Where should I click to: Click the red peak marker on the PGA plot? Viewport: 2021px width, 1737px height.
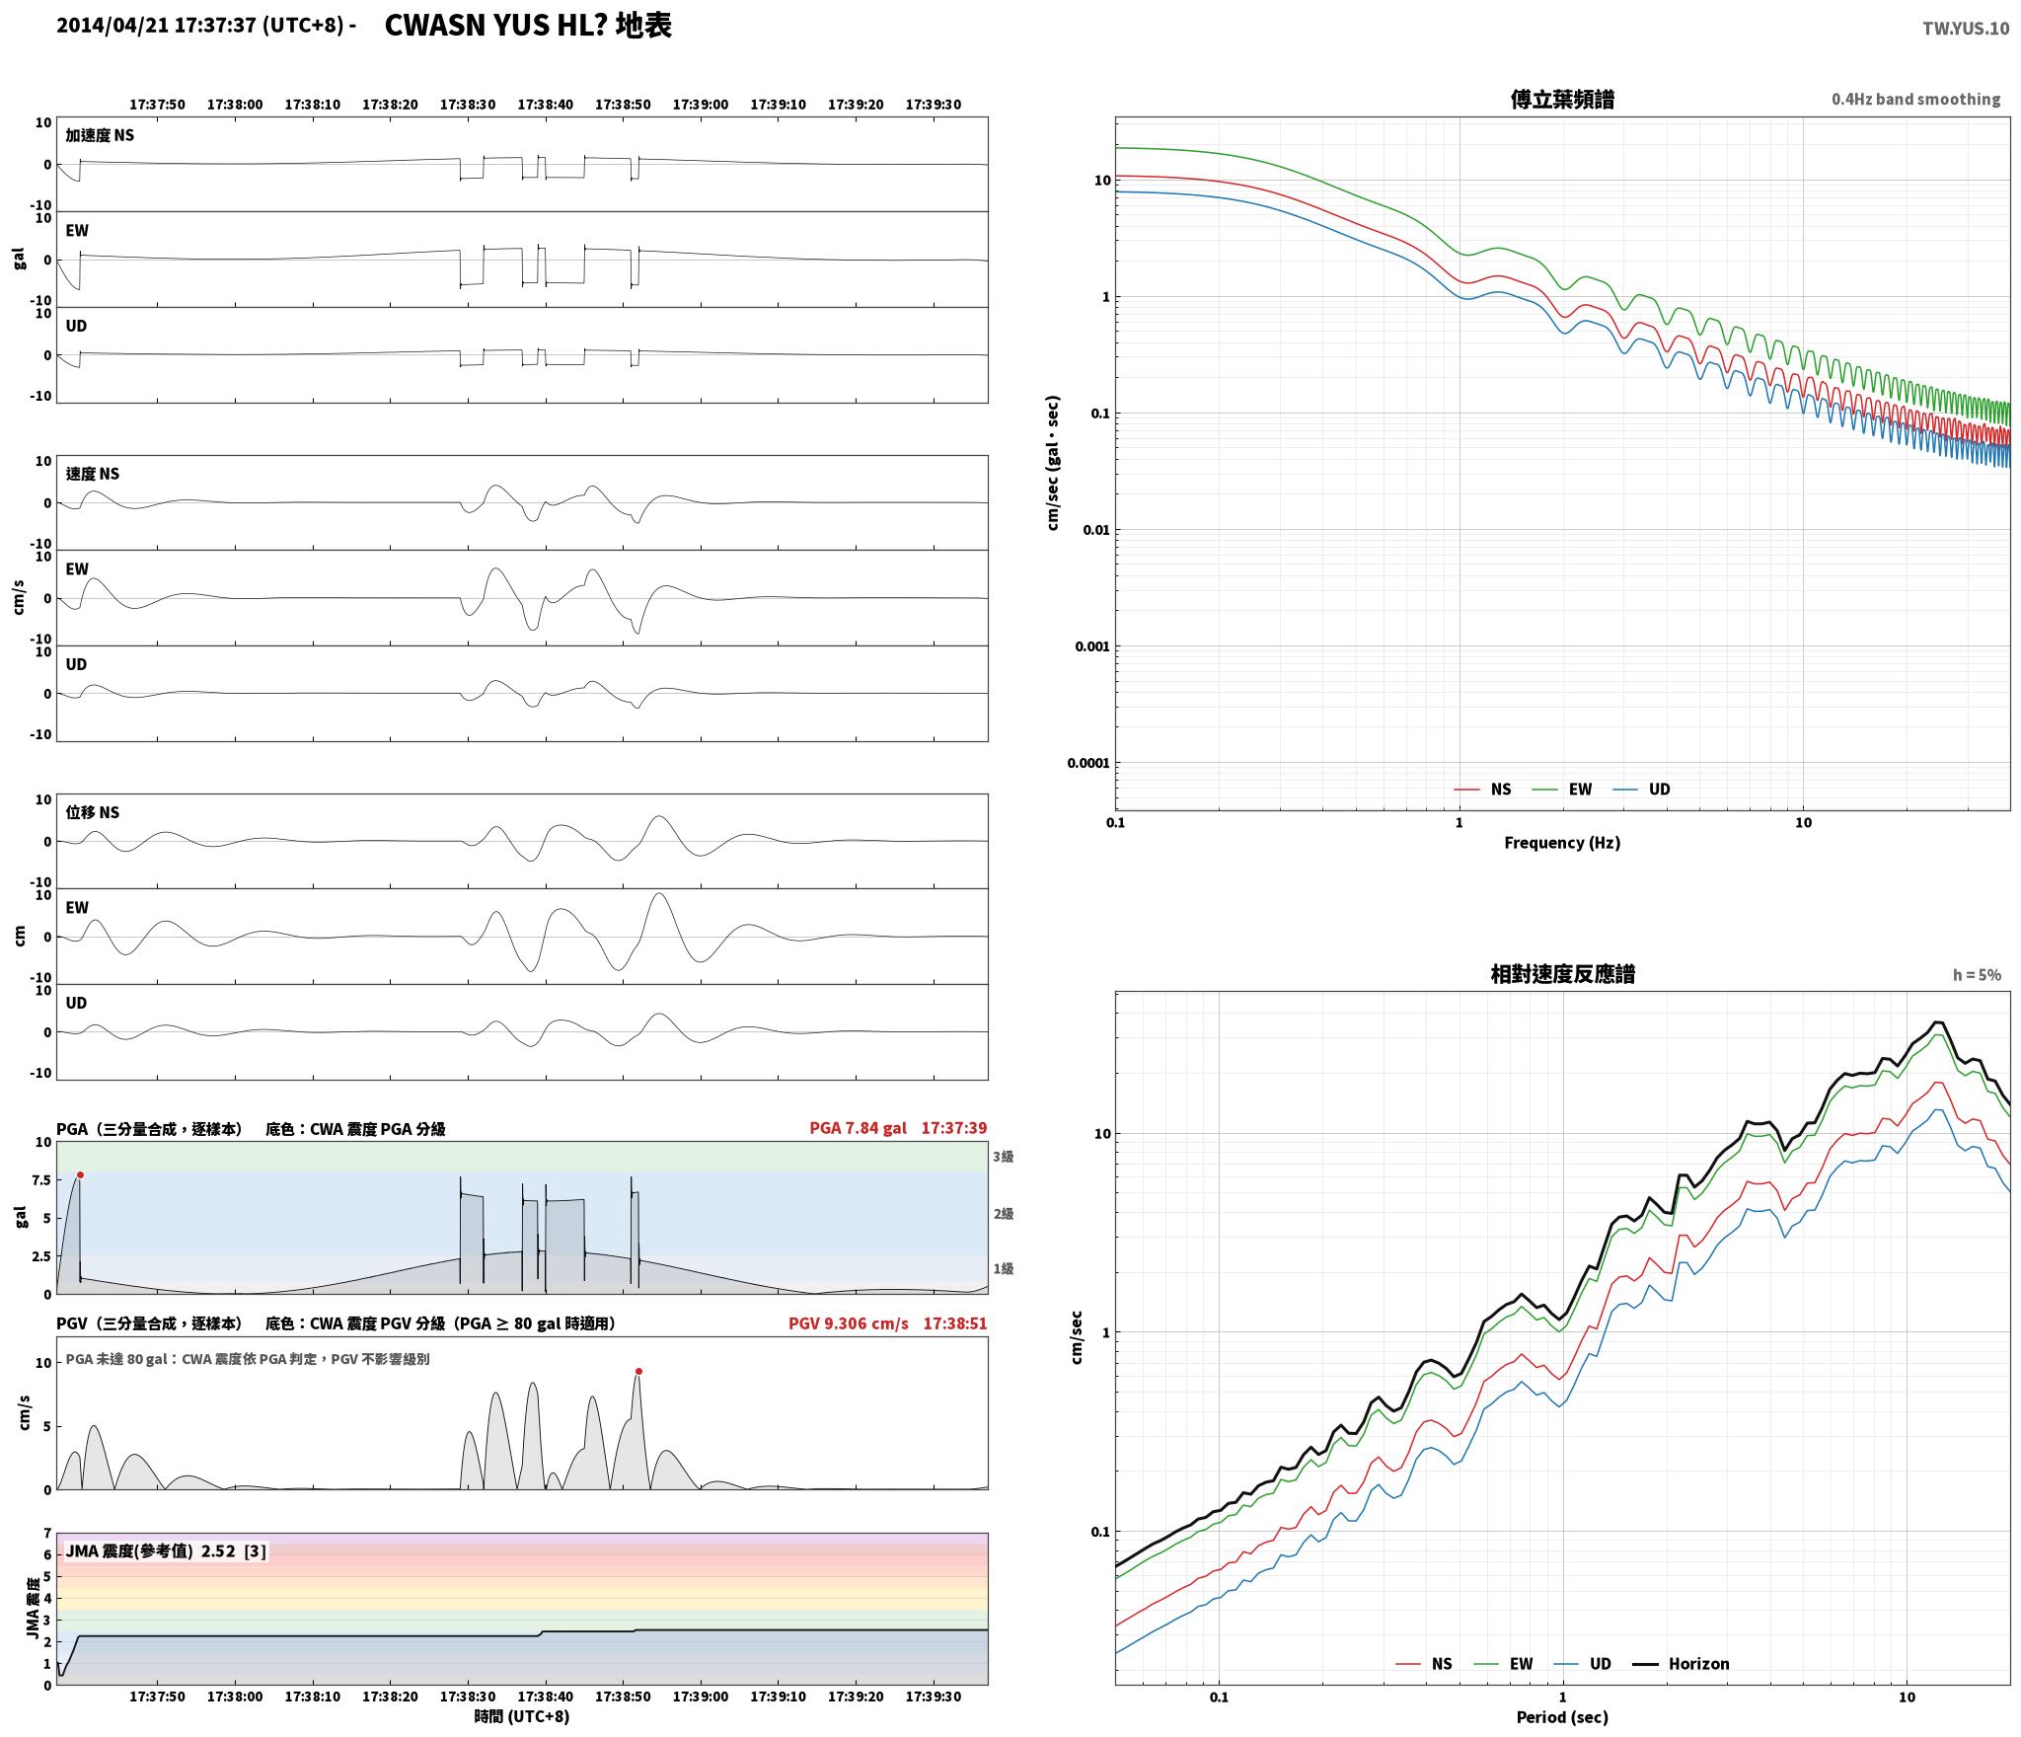tap(80, 1174)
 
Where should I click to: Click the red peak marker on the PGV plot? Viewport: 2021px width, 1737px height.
tap(638, 1371)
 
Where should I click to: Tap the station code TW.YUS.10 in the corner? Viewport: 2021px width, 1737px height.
tap(1965, 29)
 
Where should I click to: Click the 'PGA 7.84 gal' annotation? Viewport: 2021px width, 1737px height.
tap(858, 1128)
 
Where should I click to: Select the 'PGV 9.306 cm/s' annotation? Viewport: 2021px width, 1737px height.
tap(848, 1323)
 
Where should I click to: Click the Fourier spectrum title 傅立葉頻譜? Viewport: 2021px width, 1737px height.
tap(1562, 100)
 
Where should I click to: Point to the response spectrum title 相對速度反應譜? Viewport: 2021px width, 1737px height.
tap(1562, 974)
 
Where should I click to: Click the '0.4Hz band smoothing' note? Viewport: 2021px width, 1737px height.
tap(1915, 100)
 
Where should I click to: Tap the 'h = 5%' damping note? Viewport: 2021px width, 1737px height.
tap(1977, 975)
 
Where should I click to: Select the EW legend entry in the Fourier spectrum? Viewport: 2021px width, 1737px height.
tap(1561, 790)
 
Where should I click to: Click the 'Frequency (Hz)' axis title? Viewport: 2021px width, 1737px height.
tap(1562, 843)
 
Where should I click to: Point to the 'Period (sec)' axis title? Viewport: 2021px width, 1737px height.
tap(1562, 1718)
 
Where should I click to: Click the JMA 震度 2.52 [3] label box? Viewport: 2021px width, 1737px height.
tap(166, 1551)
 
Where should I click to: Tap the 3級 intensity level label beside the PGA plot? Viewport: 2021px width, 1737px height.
tap(1004, 1157)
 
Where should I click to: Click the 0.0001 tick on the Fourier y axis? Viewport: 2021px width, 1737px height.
tap(1088, 763)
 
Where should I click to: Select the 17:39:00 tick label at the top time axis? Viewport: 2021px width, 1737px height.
tap(701, 105)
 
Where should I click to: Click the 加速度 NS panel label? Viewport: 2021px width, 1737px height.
tap(100, 135)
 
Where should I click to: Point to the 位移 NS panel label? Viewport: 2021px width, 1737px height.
tap(93, 812)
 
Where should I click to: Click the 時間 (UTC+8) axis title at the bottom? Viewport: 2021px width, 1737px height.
tap(522, 1716)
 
